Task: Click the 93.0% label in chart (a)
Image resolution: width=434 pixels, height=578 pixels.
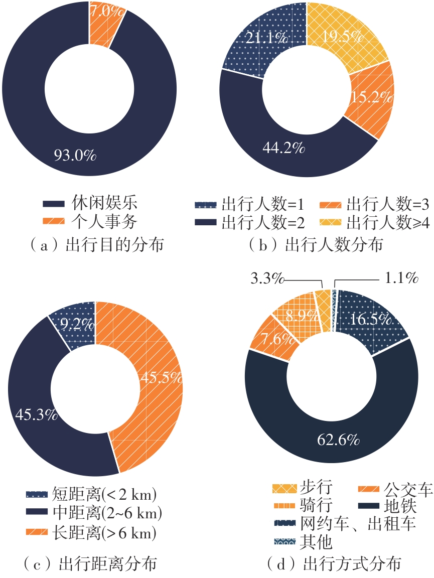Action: pos(75,156)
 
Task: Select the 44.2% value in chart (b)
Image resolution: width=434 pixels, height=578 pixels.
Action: pos(283,148)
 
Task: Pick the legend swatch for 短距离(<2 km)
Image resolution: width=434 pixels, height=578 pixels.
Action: pos(37,495)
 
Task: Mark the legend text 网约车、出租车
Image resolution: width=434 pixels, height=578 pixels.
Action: pos(357,524)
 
